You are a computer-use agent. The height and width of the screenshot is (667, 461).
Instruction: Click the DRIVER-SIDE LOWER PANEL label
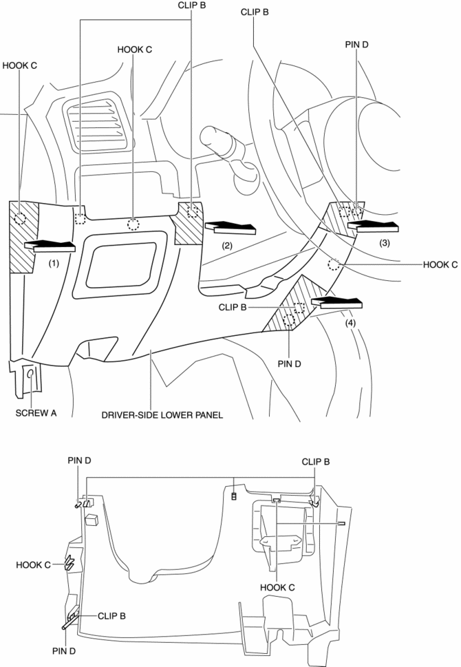(162, 415)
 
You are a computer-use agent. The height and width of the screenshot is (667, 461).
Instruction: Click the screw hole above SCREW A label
(31, 375)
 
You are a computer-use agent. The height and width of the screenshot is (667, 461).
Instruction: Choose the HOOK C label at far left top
(19, 66)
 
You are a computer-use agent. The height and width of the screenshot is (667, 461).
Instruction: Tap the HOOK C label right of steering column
(440, 264)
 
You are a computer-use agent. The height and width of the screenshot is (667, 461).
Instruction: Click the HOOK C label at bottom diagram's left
(33, 564)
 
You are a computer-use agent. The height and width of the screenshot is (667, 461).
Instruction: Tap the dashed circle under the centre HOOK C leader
(133, 224)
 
